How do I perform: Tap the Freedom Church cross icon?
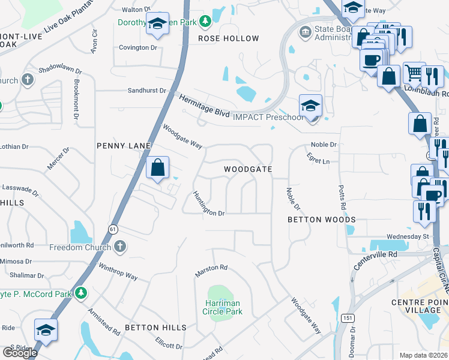tap(120, 247)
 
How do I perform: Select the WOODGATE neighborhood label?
tap(248, 170)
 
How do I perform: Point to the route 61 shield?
tap(113, 229)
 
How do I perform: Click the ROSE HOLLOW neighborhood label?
tap(229, 38)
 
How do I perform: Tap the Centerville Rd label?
tap(376, 260)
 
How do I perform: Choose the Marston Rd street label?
tap(211, 271)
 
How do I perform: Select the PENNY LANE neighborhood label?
tap(123, 146)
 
